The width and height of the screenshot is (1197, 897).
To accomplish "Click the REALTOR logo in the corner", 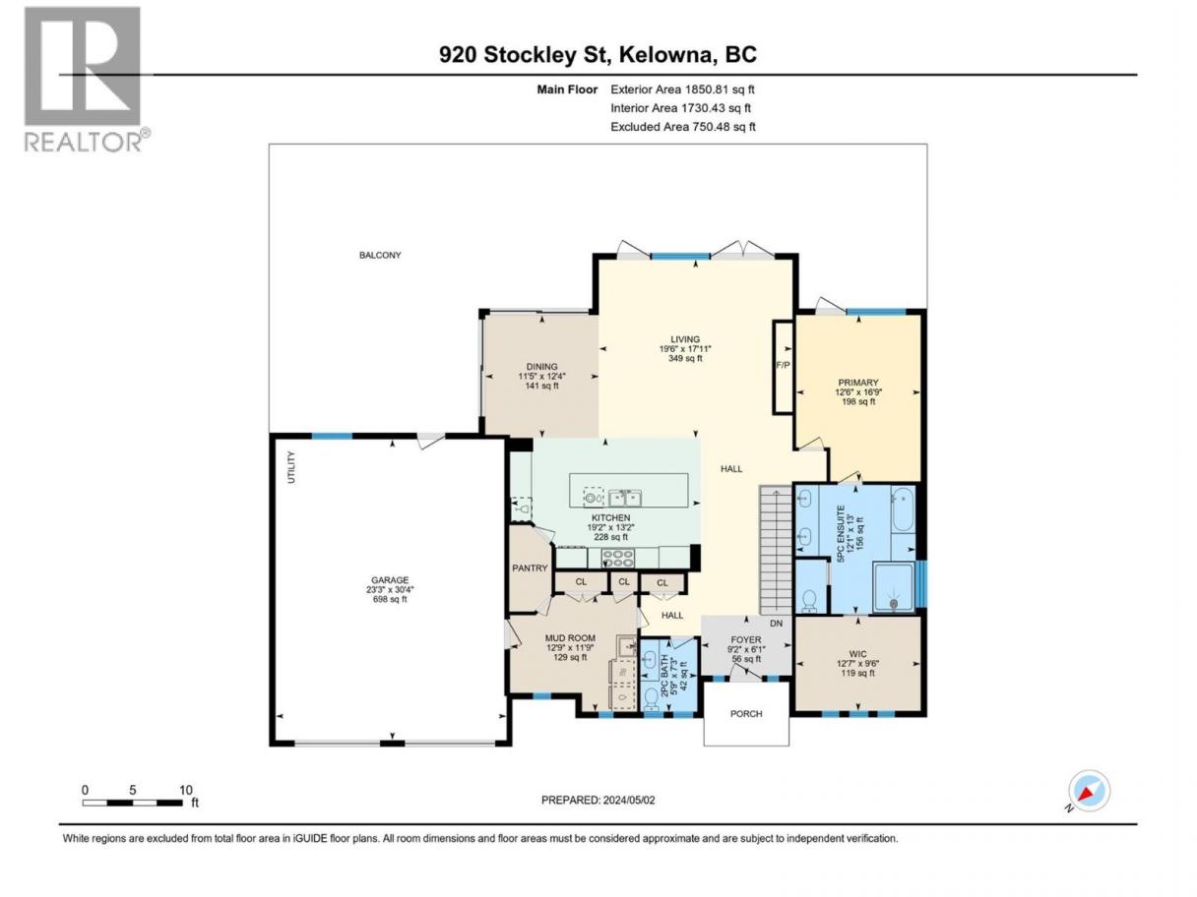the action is pos(88,80).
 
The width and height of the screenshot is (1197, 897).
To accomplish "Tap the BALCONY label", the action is pos(380,255).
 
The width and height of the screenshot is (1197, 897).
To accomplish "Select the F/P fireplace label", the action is pos(783,365).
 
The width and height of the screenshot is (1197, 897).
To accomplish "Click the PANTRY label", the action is pos(530,568).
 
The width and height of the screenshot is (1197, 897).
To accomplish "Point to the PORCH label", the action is pos(746,713).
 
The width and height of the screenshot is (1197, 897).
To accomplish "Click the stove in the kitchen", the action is pos(618,557).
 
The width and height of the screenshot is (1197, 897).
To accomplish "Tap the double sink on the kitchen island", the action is pos(625,498).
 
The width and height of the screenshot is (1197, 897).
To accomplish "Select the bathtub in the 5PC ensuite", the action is pos(902,509).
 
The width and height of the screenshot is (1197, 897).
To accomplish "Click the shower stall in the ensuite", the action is pos(893,587).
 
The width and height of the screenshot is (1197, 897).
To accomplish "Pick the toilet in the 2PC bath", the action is pos(651,698).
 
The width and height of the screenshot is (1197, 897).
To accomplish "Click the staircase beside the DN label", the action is pos(776,550).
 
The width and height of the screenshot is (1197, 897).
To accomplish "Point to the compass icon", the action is pos(1089,791).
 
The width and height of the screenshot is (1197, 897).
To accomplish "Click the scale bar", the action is pos(133,803).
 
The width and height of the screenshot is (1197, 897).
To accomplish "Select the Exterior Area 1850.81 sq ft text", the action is pos(682,90).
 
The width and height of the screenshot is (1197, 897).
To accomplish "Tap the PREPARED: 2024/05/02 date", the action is pos(598,800).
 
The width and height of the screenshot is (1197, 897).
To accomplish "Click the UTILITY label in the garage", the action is pos(291,467).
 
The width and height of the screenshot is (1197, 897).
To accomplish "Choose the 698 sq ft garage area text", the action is pos(389,600).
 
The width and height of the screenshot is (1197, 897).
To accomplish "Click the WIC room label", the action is pos(857,654).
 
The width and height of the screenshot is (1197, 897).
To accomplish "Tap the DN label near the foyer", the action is pos(776,623).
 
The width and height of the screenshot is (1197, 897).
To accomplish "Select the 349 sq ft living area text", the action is pos(685,358).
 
